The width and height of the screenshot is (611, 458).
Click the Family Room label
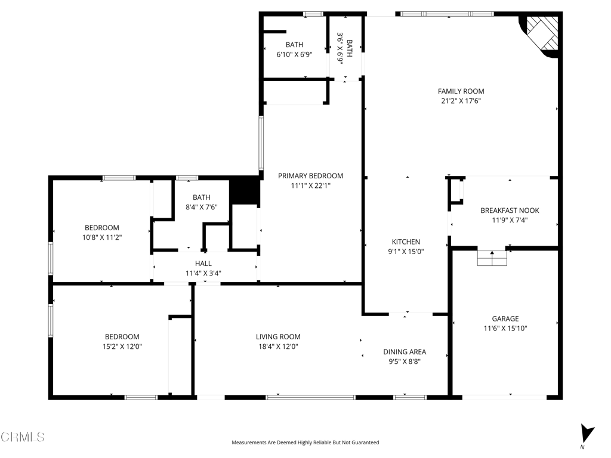(x=461, y=91)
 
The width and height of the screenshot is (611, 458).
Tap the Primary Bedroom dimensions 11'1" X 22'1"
(x=310, y=186)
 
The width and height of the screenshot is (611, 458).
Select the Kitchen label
(x=406, y=242)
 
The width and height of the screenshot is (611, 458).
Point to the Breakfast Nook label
(x=510, y=211)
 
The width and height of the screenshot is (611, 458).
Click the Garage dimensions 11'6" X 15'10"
(x=505, y=329)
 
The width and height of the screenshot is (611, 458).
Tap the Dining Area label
(x=405, y=352)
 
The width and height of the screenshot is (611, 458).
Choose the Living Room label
(x=278, y=336)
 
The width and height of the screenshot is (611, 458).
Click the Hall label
(x=203, y=264)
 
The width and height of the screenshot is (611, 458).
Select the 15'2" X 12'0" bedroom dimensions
(x=122, y=346)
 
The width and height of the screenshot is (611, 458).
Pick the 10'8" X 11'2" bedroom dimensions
(x=102, y=237)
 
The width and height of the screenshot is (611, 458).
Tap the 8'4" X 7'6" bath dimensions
(x=202, y=207)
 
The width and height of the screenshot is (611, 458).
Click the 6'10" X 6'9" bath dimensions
(x=295, y=54)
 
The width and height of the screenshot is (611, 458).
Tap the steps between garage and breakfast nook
(x=492, y=258)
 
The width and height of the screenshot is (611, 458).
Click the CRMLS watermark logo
(x=23, y=437)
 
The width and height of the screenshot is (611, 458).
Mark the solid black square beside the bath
(x=244, y=190)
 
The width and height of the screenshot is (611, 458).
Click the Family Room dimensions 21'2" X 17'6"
(x=461, y=101)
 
